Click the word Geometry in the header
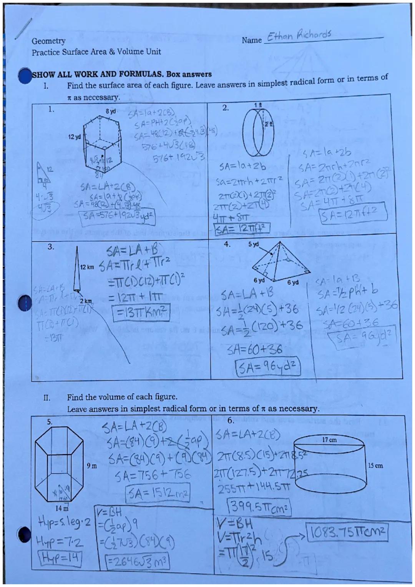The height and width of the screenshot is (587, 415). pyautogui.click(x=48, y=41)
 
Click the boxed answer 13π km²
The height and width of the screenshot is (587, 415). pyautogui.click(x=140, y=309)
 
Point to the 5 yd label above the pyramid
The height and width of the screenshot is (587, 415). pyautogui.click(x=254, y=244)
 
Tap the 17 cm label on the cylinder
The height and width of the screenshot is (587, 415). pyautogui.click(x=329, y=439)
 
